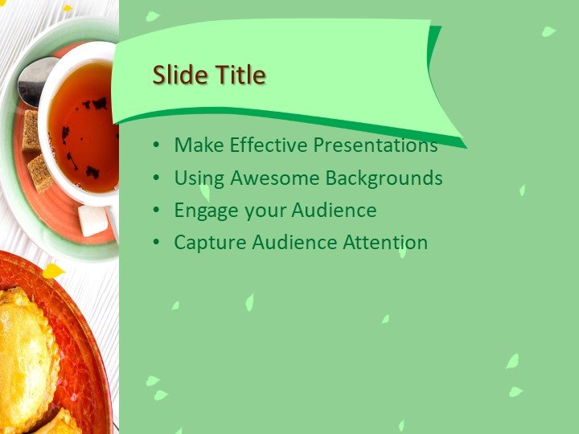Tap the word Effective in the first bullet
269,145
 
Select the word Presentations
375,145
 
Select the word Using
198,178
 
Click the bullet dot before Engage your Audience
155,211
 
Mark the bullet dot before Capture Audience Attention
155,243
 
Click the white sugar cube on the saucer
92,220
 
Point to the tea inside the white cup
84,129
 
